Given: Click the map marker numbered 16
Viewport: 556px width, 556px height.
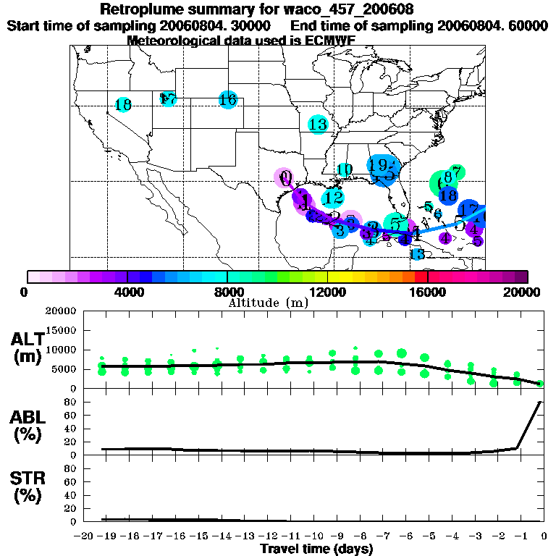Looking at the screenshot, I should coord(228,100).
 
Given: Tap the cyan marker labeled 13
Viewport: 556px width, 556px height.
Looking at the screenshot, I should coord(318,124).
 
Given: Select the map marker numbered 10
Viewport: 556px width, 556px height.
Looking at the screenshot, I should coord(345,170).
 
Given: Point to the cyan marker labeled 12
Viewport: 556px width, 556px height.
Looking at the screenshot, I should coord(333,197).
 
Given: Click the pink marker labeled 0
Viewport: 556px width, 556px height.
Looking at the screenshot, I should coord(285,177).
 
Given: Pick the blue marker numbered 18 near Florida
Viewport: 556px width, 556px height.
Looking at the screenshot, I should coord(448,195).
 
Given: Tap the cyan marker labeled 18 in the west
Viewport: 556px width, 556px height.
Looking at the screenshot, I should coord(123,105).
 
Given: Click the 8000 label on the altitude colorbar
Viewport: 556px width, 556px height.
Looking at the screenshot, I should coord(227,292).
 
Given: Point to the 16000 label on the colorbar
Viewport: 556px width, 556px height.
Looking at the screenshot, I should coord(427,292).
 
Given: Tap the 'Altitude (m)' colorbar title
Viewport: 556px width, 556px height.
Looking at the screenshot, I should coord(268,302).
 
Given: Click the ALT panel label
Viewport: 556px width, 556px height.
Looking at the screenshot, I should coord(28,347).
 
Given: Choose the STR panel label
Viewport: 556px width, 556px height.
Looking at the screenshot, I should coord(28,489).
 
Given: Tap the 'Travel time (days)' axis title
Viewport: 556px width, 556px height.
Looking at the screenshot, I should coord(316,549).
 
